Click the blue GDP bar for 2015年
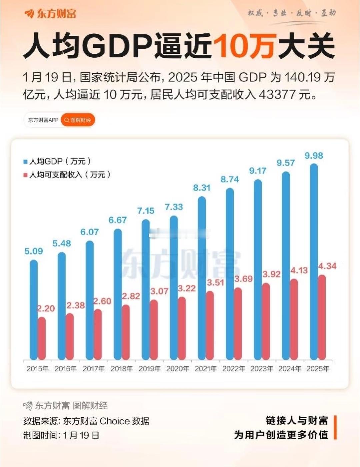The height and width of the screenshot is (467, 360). (x=33, y=310)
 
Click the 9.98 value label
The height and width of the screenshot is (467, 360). (x=314, y=156)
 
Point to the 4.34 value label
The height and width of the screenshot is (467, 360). (x=327, y=266)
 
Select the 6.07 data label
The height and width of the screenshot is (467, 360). (x=89, y=232)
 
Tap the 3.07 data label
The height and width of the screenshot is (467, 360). (x=159, y=291)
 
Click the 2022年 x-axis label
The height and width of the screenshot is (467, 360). (x=234, y=369)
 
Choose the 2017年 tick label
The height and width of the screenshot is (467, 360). (x=94, y=369)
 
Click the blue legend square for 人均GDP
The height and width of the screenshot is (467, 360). (x=25, y=162)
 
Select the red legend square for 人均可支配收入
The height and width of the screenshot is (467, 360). (x=25, y=175)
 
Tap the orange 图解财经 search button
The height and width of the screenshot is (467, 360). (x=78, y=120)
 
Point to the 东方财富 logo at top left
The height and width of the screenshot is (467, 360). (x=50, y=13)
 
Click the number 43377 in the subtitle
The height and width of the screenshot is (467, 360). (x=277, y=95)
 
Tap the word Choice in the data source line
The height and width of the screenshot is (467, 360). (x=114, y=421)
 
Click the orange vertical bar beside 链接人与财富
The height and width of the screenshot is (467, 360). (x=335, y=427)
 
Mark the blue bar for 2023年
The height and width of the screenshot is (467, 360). (x=258, y=270)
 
